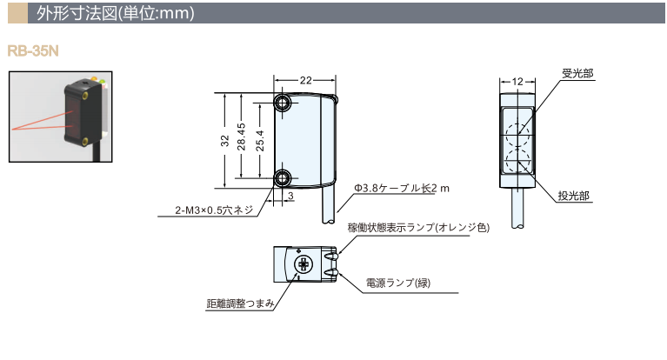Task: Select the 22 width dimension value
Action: coord(305,80)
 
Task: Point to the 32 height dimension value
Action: coord(224,140)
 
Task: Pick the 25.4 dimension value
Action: coord(260,140)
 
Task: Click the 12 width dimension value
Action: coord(518,80)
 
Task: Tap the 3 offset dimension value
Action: coord(290,197)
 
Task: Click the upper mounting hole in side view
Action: coord(283,103)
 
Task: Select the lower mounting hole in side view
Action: coord(283,178)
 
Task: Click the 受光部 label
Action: coord(577,74)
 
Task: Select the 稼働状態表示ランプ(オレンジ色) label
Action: coord(418,228)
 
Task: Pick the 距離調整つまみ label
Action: coord(241,303)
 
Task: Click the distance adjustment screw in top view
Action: coord(304,263)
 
